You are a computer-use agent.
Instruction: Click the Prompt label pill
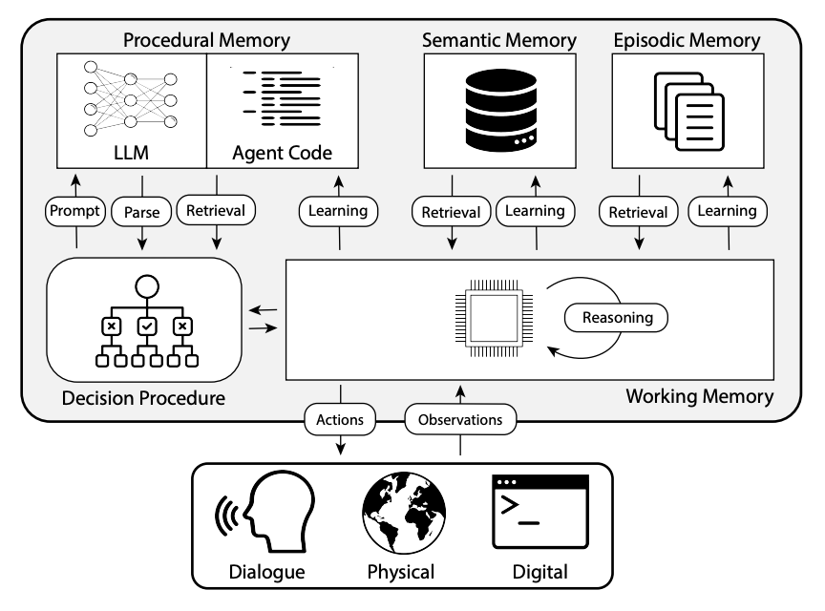pyautogui.click(x=76, y=211)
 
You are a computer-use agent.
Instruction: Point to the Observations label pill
pyautogui.click(x=461, y=418)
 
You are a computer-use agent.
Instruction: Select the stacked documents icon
pyautogui.click(x=687, y=110)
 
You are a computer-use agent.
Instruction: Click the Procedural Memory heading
pyautogui.click(x=208, y=40)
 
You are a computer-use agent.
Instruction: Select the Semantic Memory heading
pyautogui.click(x=499, y=40)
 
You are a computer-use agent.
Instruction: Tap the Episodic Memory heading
pyautogui.click(x=687, y=40)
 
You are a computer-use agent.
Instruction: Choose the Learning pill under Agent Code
pyautogui.click(x=340, y=211)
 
